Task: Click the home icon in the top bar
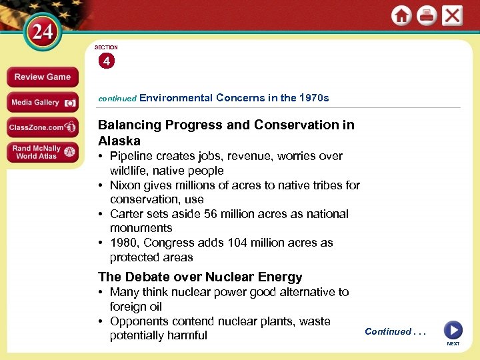[401, 15]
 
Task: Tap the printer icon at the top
[427, 15]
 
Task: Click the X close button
[452, 15]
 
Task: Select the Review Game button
[42, 77]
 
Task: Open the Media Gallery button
[42, 103]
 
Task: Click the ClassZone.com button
[42, 127]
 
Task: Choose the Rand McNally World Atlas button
[42, 152]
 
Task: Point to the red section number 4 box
[107, 61]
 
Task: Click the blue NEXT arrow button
[453, 330]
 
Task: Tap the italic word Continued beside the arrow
[388, 331]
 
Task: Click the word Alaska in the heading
[119, 141]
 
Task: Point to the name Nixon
[125, 185]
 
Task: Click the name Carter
[126, 214]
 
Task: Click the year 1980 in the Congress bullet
[123, 243]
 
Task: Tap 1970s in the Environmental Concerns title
[314, 98]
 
